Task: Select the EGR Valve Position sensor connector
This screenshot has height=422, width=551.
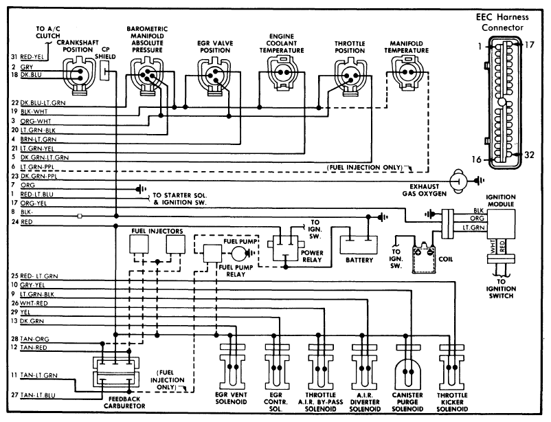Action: click(x=214, y=76)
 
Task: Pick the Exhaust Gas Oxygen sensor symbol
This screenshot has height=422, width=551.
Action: click(x=458, y=181)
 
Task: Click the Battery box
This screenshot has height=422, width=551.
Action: click(x=359, y=245)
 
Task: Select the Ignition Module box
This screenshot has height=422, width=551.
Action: click(x=501, y=224)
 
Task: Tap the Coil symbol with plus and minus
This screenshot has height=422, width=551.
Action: click(x=424, y=259)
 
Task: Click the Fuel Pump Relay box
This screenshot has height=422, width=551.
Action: click(x=212, y=254)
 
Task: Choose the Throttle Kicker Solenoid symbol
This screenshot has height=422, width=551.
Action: click(x=452, y=367)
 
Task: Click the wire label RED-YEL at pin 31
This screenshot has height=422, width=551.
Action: click(x=32, y=57)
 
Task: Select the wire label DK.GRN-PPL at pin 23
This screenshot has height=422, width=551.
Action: click(x=38, y=176)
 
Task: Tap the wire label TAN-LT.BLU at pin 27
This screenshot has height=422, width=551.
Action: click(x=38, y=395)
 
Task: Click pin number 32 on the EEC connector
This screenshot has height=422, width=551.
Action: click(x=529, y=155)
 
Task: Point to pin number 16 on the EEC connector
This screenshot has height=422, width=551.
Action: click(x=476, y=159)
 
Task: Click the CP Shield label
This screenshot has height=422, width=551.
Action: click(x=105, y=53)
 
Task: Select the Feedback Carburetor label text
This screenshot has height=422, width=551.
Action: click(x=124, y=403)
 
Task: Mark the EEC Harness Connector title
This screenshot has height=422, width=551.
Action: click(x=502, y=22)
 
